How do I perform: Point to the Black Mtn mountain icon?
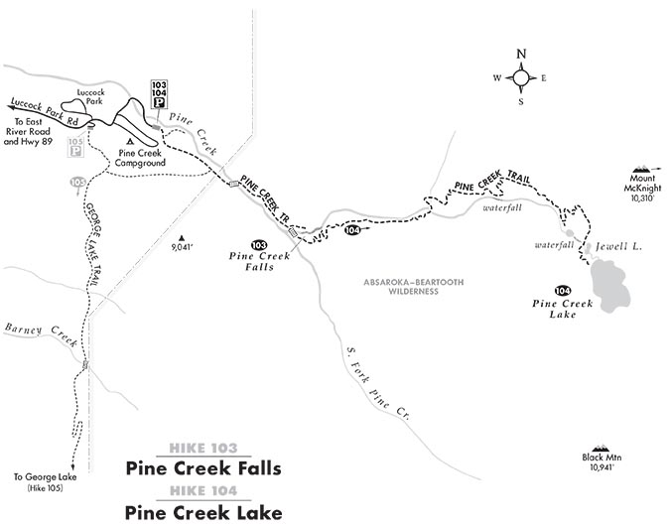click(x=599, y=450)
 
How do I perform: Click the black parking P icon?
click(x=158, y=101)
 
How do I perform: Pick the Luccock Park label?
click(x=76, y=98)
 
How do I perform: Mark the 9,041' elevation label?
click(x=181, y=244)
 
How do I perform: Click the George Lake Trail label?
click(x=88, y=243)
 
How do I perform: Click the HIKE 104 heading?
click(x=203, y=492)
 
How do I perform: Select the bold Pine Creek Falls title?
click(x=203, y=468)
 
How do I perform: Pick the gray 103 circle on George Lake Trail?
click(x=77, y=183)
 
